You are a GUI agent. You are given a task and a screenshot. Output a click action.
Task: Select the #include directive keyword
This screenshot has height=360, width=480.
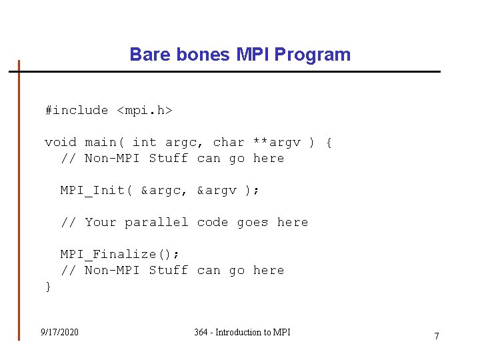[x=76, y=110]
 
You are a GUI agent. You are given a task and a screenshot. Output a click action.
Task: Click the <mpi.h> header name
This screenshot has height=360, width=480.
[x=145, y=110]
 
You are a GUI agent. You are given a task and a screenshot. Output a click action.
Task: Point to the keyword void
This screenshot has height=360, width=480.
[x=61, y=142]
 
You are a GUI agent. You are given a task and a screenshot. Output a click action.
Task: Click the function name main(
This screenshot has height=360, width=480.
[x=105, y=142]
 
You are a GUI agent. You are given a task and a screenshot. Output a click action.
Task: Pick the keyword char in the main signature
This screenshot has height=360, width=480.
[x=229, y=142]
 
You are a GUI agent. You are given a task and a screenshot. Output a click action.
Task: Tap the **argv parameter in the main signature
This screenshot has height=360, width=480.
[x=277, y=142]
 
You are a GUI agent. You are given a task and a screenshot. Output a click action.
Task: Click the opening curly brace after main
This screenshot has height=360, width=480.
[x=329, y=142]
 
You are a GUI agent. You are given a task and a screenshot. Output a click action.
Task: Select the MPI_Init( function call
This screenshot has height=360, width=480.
[x=97, y=190]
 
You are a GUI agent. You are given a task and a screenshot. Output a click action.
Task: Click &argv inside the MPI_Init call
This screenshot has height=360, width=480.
[x=217, y=190]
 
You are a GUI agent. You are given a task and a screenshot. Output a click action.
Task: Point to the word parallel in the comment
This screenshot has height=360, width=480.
[x=157, y=222]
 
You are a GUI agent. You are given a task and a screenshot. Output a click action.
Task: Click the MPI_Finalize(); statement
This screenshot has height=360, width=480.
[x=120, y=254]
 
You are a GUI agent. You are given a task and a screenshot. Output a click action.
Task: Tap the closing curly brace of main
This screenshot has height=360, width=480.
[x=48, y=286]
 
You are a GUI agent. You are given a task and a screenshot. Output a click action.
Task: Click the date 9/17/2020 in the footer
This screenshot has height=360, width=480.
[x=59, y=332]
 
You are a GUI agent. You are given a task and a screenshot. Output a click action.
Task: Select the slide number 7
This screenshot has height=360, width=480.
[x=437, y=336]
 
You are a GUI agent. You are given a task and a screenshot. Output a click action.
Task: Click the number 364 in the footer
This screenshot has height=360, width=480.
[x=201, y=332]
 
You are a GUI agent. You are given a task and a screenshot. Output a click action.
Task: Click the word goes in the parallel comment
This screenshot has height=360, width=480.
[x=253, y=222]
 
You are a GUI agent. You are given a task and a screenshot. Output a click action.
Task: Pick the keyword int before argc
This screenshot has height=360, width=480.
[x=145, y=142]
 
